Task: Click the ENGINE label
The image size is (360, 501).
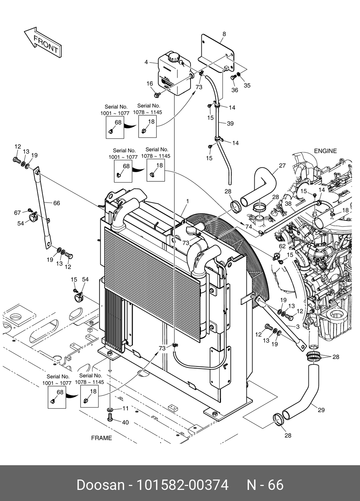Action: coord(325,151)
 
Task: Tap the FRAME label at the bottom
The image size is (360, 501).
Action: coord(101,438)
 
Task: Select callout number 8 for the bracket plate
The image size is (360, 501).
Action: coord(224,34)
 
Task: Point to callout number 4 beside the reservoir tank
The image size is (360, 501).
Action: coord(146,62)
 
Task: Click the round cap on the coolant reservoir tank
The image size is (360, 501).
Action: coord(174,57)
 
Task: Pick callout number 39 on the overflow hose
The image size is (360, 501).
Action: coord(230,123)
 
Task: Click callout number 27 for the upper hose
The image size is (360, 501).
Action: coord(282,166)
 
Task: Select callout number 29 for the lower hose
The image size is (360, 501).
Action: coord(321,410)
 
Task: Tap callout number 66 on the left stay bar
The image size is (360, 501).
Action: coord(56,203)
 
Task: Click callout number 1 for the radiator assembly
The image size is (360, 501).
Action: coord(187,201)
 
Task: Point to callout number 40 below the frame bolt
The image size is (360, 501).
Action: coord(125,423)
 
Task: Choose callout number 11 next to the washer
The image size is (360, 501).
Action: coord(125,408)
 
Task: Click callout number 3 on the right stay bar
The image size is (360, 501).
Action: coord(297,327)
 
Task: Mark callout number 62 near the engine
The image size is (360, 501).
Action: coord(282,246)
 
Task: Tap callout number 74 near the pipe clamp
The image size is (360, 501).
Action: coord(249,227)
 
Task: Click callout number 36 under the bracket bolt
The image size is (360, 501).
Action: coord(235,90)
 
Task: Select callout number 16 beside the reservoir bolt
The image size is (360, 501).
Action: coord(149,84)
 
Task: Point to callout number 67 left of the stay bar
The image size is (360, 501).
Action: coord(18,213)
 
